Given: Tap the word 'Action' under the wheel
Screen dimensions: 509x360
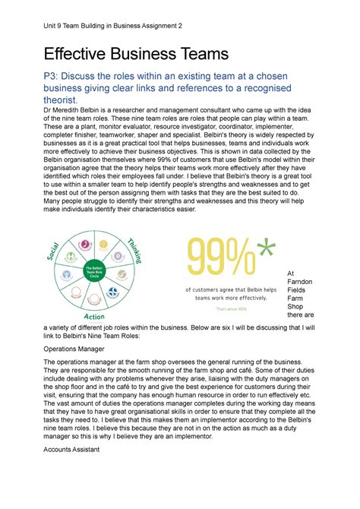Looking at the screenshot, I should tap(95, 316).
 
